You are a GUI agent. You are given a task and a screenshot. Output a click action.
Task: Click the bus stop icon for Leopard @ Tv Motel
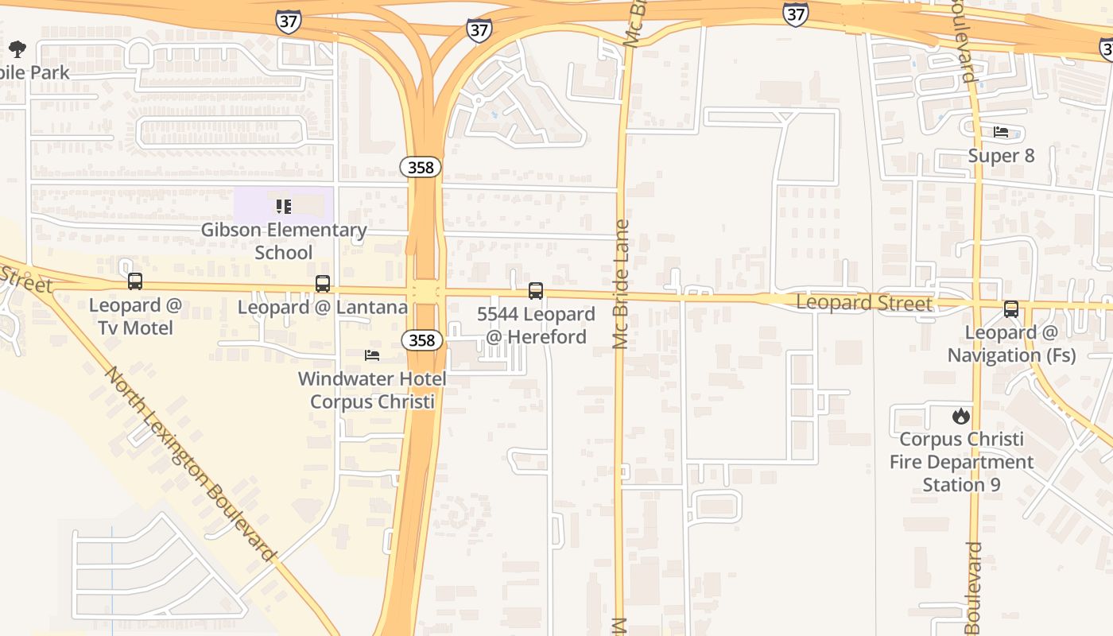(135, 281)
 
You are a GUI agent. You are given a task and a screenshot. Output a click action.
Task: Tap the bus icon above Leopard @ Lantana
(322, 283)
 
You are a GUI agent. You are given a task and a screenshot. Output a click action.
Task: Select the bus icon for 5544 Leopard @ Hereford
(536, 291)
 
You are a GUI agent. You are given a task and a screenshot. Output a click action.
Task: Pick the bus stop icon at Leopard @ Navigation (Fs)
(1010, 309)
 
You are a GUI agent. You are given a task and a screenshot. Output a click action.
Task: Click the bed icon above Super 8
(1001, 132)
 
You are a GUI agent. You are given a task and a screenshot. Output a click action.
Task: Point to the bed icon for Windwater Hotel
(371, 355)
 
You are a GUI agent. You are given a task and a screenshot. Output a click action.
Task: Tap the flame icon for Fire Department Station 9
(960, 416)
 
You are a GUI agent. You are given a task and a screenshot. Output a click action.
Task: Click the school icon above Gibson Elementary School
(283, 207)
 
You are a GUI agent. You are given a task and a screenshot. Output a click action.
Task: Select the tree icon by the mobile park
(17, 49)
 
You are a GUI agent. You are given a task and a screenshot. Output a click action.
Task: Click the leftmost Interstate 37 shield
(289, 21)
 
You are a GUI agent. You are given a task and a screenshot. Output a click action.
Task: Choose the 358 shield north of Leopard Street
(420, 167)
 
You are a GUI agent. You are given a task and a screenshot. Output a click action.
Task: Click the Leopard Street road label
(864, 303)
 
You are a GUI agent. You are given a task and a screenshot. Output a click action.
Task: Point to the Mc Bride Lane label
(621, 284)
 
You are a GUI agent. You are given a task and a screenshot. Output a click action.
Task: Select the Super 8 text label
(1001, 155)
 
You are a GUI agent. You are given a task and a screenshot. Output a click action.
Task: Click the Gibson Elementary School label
(284, 241)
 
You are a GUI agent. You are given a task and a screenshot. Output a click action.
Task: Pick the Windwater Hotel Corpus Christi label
(372, 390)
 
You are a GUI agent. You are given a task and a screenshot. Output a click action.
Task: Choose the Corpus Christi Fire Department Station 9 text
(961, 462)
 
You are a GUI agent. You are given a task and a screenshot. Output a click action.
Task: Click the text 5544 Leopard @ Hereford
(536, 325)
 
